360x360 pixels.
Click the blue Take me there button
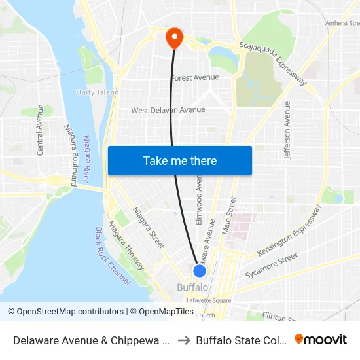coord(180,160)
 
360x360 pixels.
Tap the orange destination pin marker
coord(174,37)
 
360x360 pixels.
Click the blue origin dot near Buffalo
coord(200,270)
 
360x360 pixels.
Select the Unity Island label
coord(98,92)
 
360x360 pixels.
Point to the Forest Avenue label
coord(195,77)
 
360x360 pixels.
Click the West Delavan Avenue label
coord(168,110)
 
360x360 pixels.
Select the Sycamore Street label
coord(271,265)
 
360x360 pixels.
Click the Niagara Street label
coord(149,228)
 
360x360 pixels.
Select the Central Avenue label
coord(41,130)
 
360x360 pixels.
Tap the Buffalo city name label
coord(193,287)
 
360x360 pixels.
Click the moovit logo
coord(320,339)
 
